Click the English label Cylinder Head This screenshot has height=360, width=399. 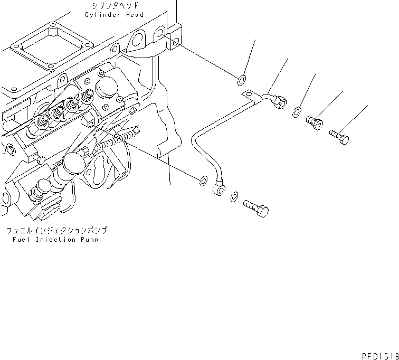coord(114,15)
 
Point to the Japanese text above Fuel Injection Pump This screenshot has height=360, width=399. coord(56,231)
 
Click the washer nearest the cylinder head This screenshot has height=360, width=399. coord(241,80)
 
